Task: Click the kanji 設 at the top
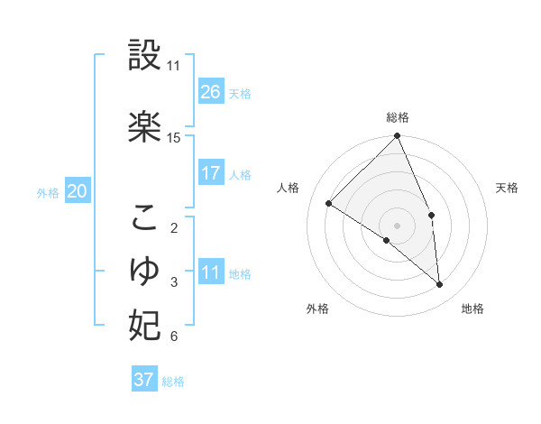pos(145,56)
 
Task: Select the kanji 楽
pos(145,125)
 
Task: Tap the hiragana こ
pos(145,217)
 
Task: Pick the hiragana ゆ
pos(145,269)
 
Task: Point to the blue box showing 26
pos(211,91)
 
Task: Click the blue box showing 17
pos(211,173)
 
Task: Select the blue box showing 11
pos(211,272)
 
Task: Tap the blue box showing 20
pos(78,191)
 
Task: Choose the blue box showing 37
pos(144,380)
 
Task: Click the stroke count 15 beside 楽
pos(174,138)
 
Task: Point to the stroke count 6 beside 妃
pos(174,337)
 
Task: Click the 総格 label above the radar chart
pos(398,117)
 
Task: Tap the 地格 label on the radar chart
pos(472,309)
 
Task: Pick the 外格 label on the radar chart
pos(317,309)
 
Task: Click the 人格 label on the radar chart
pos(288,188)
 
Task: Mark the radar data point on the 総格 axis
pos(398,136)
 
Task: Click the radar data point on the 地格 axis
pos(440,285)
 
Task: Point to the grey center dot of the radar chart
pos(397,225)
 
